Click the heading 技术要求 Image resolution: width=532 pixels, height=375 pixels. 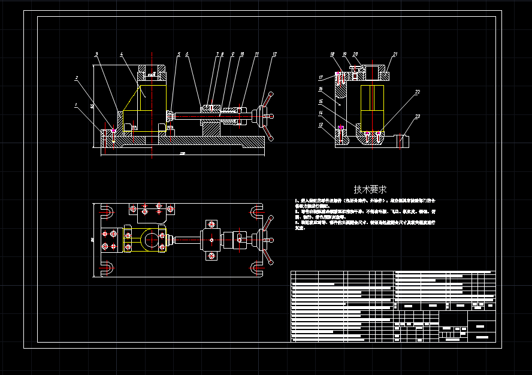[x=370, y=189]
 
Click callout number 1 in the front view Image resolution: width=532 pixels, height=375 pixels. [x=76, y=105]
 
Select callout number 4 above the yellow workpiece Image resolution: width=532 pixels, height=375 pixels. [x=122, y=55]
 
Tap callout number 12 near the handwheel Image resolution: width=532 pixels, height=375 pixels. [x=274, y=55]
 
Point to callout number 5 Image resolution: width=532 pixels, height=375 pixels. [x=178, y=55]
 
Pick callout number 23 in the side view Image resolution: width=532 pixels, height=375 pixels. [x=418, y=116]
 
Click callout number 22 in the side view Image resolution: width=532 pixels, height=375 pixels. [x=417, y=92]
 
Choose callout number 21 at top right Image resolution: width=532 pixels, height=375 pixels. [x=395, y=55]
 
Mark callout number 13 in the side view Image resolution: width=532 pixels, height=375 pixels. [x=321, y=125]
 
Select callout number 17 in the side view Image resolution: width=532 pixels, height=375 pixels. [x=321, y=77]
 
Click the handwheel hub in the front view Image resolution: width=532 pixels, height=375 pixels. [x=261, y=116]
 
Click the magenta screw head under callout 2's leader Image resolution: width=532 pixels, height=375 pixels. [x=114, y=131]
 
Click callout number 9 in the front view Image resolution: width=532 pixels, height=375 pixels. [x=232, y=55]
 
